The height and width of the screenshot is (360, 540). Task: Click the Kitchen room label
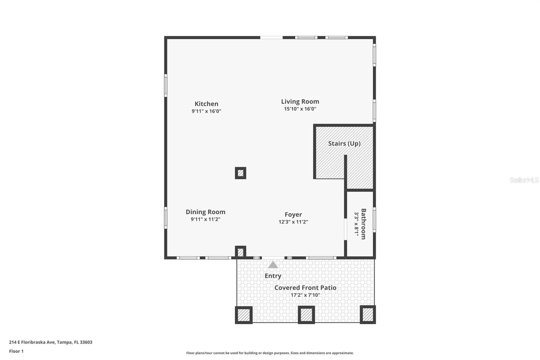(x=206, y=104)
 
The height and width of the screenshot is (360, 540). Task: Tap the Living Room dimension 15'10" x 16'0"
(x=300, y=109)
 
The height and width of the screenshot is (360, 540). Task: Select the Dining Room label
(x=205, y=212)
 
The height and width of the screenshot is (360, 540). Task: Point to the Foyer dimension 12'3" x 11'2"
(x=293, y=222)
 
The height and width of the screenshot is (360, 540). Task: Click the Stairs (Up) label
(x=344, y=143)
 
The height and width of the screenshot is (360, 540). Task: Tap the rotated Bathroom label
(x=363, y=224)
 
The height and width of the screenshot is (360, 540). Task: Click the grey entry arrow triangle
(x=273, y=265)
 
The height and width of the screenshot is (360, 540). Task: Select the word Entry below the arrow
(x=273, y=276)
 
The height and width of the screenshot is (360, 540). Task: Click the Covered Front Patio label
(x=305, y=287)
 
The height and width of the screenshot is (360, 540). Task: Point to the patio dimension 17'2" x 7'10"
(x=305, y=295)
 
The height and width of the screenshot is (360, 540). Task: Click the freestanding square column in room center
(x=240, y=173)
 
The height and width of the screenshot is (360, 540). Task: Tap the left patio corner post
(x=243, y=315)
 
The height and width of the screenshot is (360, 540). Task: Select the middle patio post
(x=306, y=315)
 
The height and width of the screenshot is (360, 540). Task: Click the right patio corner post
(x=368, y=314)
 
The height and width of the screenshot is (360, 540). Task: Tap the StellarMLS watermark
(x=524, y=180)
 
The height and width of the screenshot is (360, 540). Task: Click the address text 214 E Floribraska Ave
(x=50, y=342)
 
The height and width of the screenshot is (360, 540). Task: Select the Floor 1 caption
(x=16, y=351)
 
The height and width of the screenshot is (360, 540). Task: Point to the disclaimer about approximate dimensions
(x=270, y=353)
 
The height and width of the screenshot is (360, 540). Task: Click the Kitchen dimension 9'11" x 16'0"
(x=206, y=111)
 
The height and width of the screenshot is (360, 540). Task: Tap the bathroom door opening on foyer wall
(x=345, y=229)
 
